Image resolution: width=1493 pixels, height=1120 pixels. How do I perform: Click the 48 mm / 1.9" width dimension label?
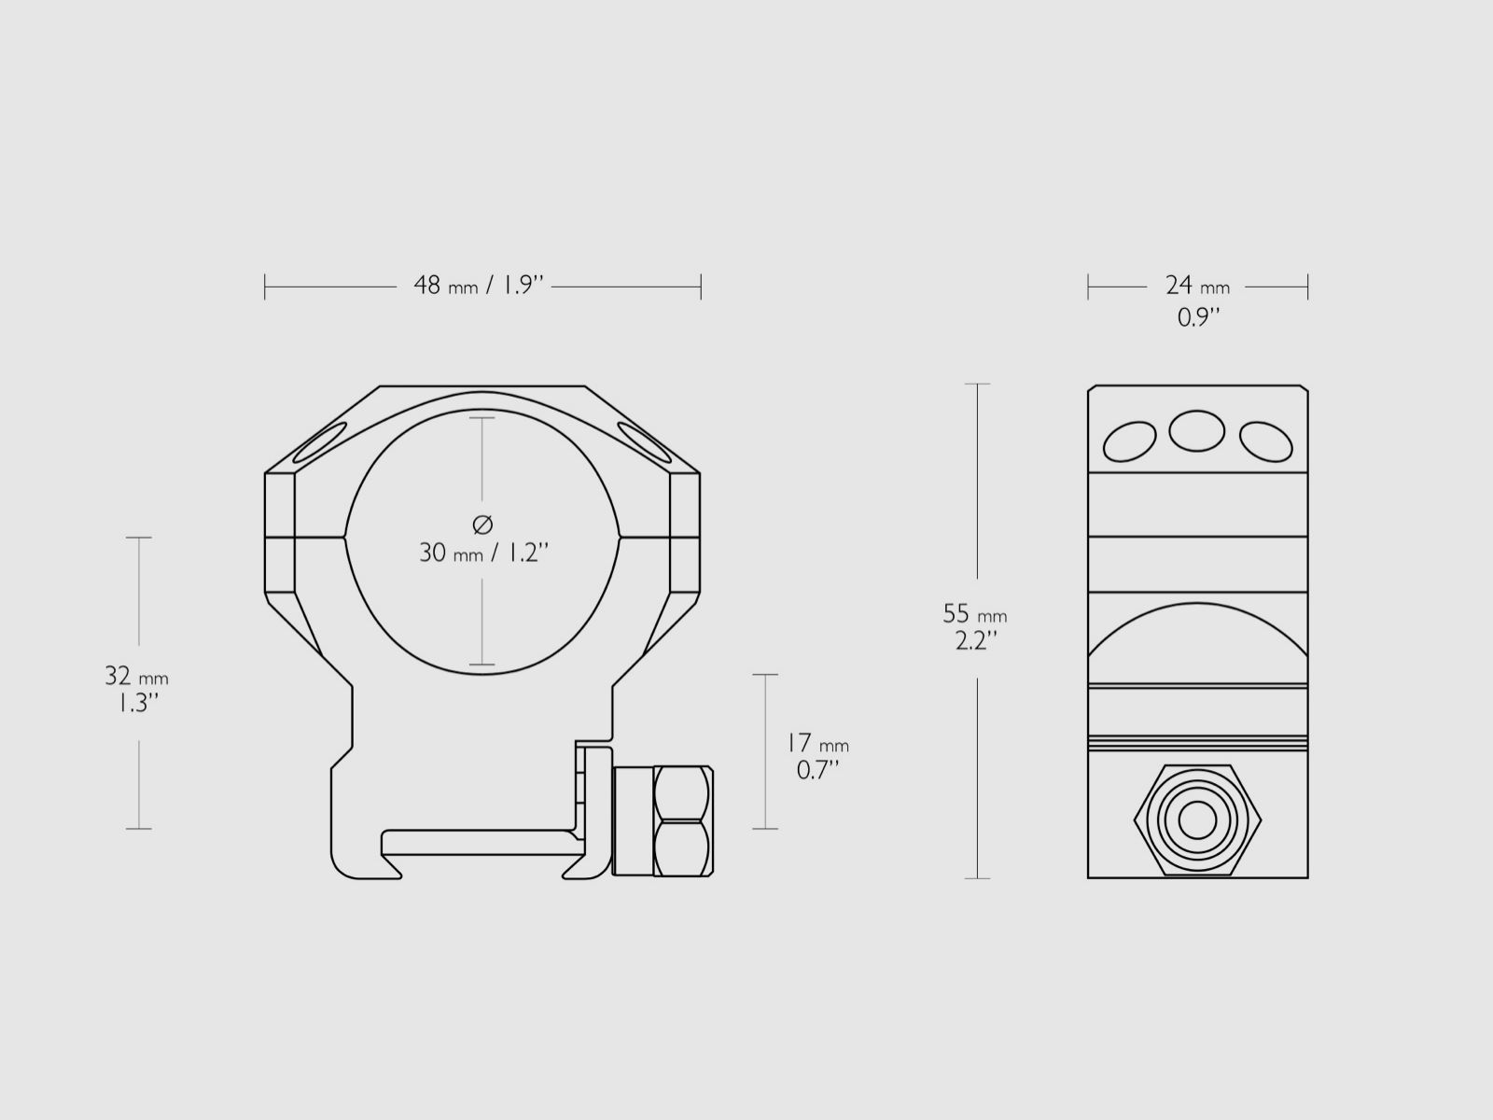(x=479, y=286)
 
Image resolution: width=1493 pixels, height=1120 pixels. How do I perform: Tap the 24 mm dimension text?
(x=1197, y=286)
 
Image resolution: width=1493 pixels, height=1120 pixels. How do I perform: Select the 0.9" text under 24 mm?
(x=1198, y=318)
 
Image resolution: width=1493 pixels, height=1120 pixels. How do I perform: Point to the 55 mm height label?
(x=975, y=614)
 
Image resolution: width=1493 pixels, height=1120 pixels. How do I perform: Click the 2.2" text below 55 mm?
(x=976, y=642)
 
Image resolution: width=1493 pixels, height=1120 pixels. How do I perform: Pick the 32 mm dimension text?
(x=136, y=676)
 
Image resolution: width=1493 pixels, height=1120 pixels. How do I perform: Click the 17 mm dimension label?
(x=816, y=743)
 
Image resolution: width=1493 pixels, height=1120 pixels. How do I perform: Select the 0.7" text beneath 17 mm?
(x=817, y=771)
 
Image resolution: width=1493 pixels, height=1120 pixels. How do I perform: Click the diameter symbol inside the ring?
(x=482, y=525)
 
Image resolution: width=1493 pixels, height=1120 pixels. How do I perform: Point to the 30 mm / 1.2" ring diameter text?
(x=482, y=553)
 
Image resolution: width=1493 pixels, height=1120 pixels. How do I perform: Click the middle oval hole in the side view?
(x=1197, y=430)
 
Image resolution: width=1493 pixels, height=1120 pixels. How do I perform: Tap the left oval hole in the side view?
(x=1129, y=441)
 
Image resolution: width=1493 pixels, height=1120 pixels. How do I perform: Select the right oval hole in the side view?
(x=1265, y=441)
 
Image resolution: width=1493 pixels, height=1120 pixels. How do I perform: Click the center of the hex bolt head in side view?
(x=1197, y=820)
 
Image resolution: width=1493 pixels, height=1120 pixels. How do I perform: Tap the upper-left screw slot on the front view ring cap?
(x=319, y=442)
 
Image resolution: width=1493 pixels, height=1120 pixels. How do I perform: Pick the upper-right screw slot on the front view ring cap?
(x=646, y=442)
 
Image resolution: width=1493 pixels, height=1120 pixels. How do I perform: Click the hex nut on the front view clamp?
(x=682, y=821)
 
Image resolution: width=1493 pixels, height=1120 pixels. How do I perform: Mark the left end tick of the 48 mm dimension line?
(x=265, y=287)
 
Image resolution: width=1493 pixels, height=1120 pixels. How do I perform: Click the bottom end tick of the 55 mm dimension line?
(x=977, y=878)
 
